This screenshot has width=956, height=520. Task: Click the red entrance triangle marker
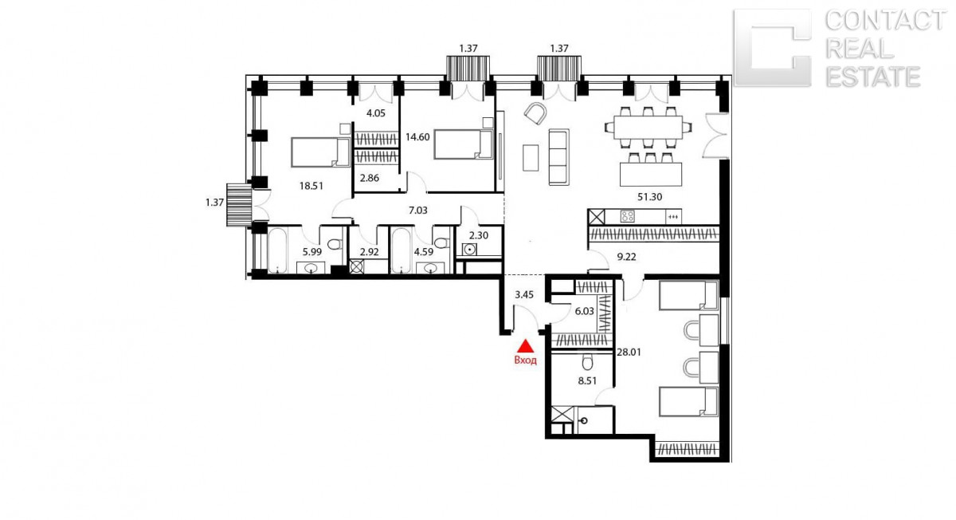(x=525, y=346)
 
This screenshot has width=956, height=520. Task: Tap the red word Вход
(x=525, y=360)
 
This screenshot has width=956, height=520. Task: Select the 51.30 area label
(x=649, y=197)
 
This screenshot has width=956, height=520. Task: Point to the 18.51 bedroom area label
(x=311, y=186)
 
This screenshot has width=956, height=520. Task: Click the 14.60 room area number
(x=417, y=137)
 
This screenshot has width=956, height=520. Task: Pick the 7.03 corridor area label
(x=417, y=211)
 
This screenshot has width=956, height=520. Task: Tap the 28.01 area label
(x=629, y=353)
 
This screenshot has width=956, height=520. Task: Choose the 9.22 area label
(x=626, y=257)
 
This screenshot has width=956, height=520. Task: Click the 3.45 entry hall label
(x=524, y=294)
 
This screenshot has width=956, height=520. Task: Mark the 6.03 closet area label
(x=584, y=311)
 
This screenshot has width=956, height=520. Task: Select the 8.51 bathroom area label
(x=587, y=380)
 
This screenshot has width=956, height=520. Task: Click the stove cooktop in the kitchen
(x=628, y=216)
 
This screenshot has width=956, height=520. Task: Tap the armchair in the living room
(x=535, y=113)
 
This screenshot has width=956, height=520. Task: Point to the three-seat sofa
(x=558, y=157)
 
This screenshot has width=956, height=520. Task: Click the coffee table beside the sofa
(x=531, y=158)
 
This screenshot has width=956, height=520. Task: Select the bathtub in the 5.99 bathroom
(x=277, y=250)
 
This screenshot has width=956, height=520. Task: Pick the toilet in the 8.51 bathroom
(x=587, y=363)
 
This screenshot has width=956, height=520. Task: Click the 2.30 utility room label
(x=479, y=235)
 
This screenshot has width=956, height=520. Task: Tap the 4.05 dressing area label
(x=376, y=113)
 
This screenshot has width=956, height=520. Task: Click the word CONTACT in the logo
(x=886, y=21)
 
